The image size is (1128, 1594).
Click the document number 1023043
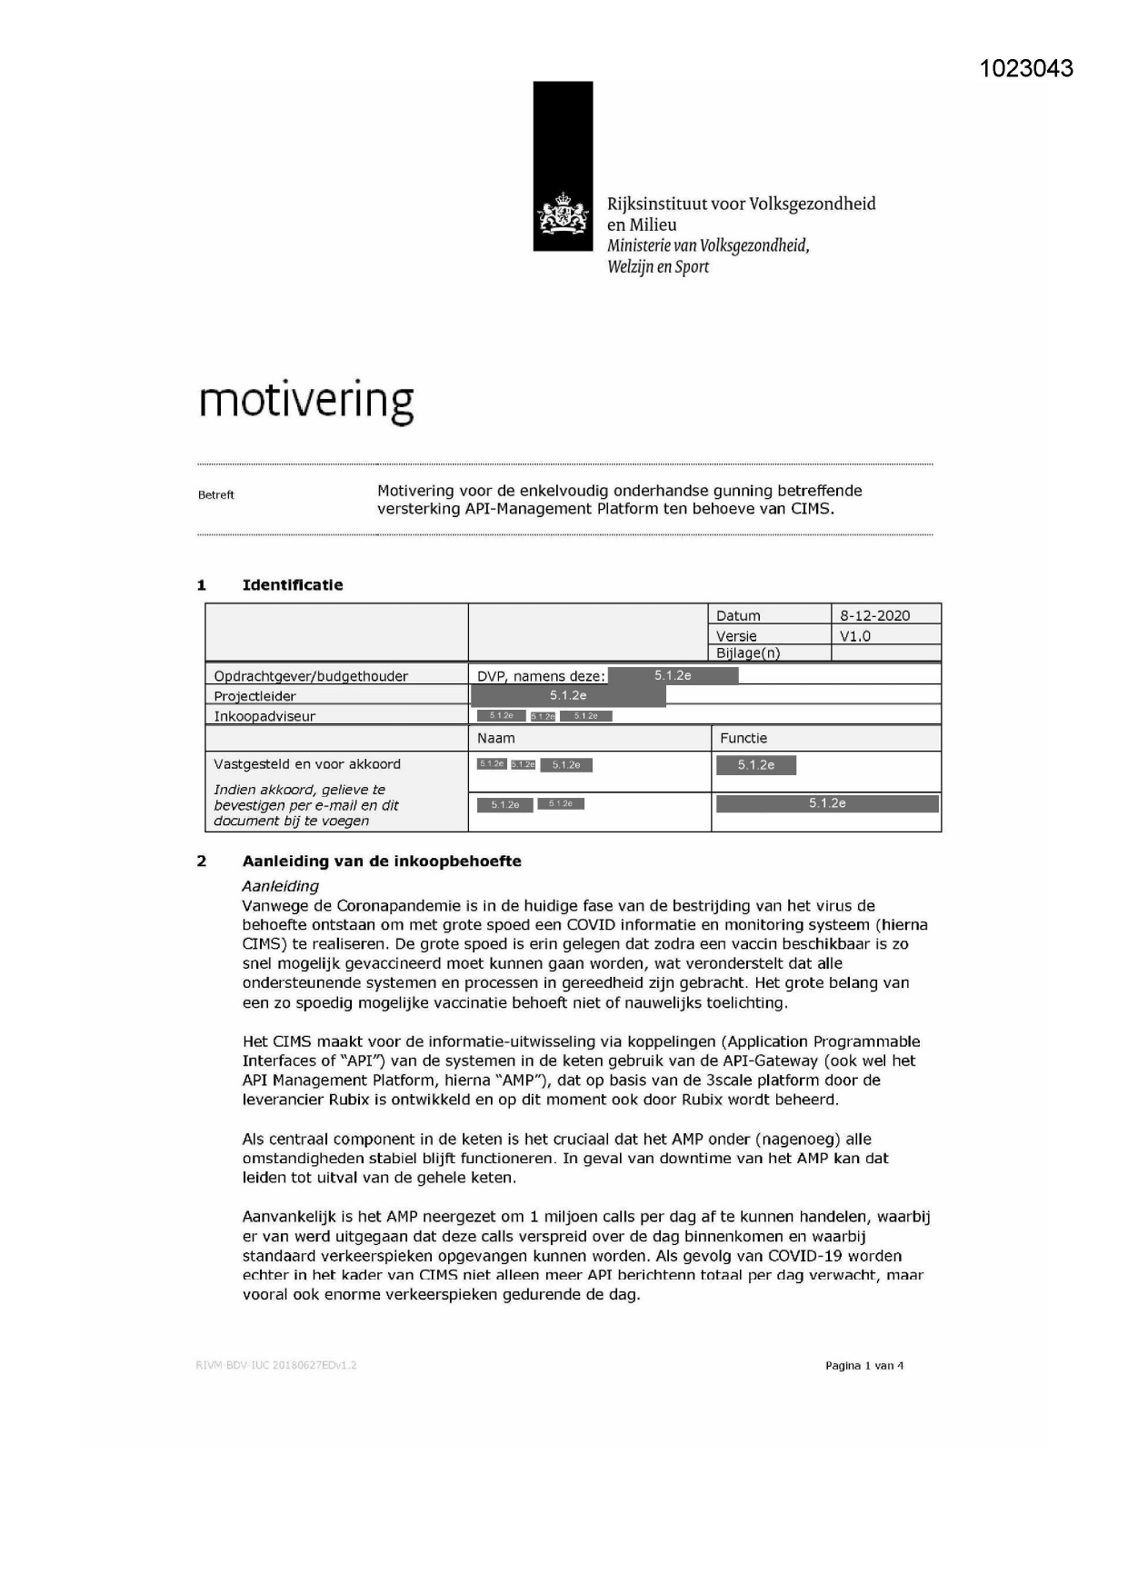coord(1026,69)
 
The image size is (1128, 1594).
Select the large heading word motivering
coord(306,400)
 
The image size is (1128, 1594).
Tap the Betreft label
coord(216,495)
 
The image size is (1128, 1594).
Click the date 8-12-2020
coord(874,615)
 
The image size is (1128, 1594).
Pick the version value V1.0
coord(855,636)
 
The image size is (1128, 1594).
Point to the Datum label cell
coord(738,615)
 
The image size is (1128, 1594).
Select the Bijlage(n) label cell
coord(748,653)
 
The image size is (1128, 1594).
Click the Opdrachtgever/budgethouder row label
coord(311,676)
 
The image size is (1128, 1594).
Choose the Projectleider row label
coord(255,696)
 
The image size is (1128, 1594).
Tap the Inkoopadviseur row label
coord(265,716)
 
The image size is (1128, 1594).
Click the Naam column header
coord(496,738)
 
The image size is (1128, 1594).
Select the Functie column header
coord(744,738)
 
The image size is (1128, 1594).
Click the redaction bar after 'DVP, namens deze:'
coord(673,675)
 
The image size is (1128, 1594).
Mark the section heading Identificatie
coord(293,585)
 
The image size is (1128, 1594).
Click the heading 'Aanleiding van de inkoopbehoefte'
coord(382,862)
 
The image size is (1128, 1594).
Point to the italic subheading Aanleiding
coord(281,886)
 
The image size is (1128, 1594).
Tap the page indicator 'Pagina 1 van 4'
coord(863,1366)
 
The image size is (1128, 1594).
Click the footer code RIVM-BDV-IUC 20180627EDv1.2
coord(276,1365)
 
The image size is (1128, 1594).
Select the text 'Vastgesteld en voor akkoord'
coord(307,764)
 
